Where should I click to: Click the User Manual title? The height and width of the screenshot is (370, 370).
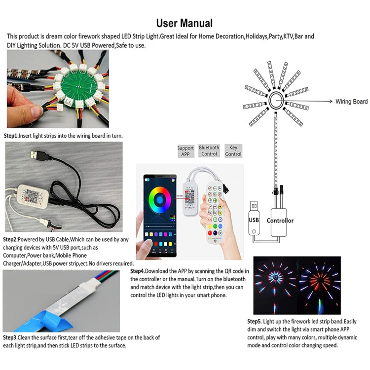[185, 23]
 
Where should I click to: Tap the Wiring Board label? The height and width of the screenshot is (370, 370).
[351, 102]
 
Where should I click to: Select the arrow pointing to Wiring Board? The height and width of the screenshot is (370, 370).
[308, 101]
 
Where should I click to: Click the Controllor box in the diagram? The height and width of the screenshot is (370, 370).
[280, 220]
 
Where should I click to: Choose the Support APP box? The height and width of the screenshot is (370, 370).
[185, 151]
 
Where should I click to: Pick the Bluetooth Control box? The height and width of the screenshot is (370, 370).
[209, 151]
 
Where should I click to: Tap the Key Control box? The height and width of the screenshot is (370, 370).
[233, 151]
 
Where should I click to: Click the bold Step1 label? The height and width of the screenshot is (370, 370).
[11, 135]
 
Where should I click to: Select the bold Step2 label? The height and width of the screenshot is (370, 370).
[11, 239]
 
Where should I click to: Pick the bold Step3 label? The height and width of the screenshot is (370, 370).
[11, 337]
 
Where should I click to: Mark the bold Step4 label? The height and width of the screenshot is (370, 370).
[139, 271]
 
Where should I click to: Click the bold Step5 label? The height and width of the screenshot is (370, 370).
[256, 322]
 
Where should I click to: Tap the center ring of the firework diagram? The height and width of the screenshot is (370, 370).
[276, 101]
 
